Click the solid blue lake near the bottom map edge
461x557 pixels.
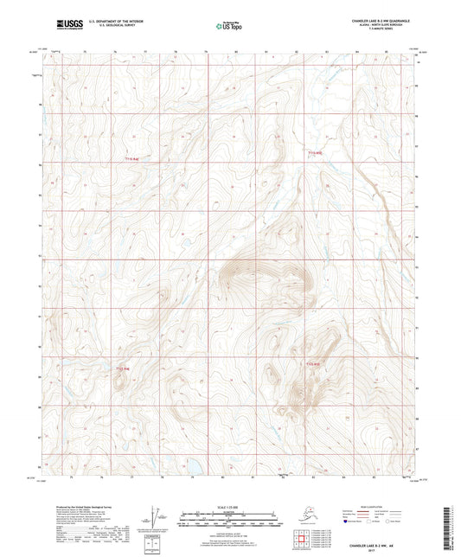pos(193,467)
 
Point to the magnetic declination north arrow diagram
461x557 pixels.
pos(156,518)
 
